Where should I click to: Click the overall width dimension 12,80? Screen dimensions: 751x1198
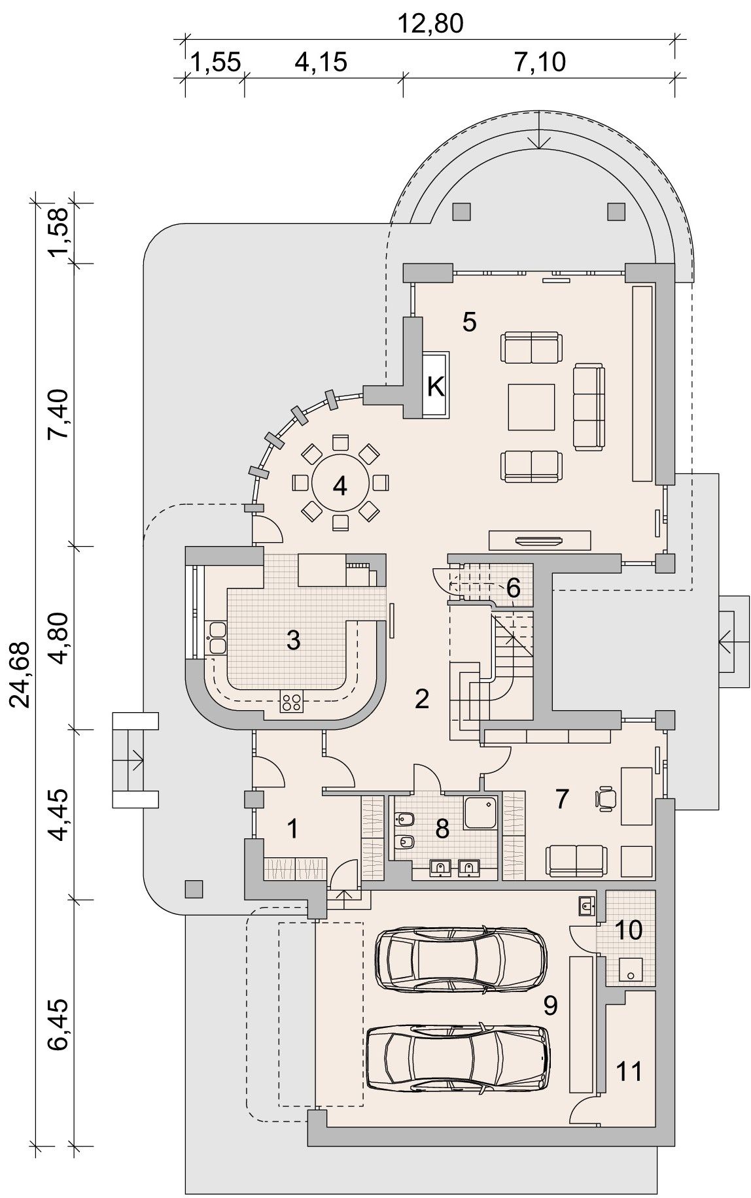pyautogui.click(x=430, y=24)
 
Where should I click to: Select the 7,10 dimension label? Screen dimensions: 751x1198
pyautogui.click(x=540, y=63)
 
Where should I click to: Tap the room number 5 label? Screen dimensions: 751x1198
pyautogui.click(x=469, y=322)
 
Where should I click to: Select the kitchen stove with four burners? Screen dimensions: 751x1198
pyautogui.click(x=292, y=702)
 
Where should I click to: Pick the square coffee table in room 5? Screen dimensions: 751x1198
pyautogui.click(x=532, y=407)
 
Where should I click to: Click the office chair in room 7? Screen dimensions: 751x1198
pyautogui.click(x=606, y=798)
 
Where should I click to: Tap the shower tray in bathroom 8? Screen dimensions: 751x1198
pyautogui.click(x=480, y=813)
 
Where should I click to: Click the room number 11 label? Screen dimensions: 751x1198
pyautogui.click(x=629, y=1071)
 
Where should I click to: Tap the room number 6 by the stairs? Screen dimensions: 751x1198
pyautogui.click(x=513, y=588)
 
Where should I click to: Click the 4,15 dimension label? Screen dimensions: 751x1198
pyautogui.click(x=321, y=63)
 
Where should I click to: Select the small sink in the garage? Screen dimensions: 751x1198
pyautogui.click(x=586, y=906)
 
